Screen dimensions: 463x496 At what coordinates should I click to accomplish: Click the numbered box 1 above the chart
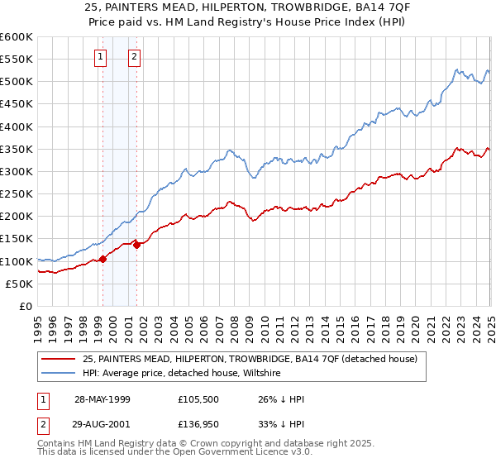pos(100,57)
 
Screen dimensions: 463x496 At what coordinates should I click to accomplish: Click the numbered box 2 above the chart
pos(134,57)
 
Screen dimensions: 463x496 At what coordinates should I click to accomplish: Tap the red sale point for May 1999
pos(103,259)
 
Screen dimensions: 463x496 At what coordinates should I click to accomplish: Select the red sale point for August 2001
pos(137,245)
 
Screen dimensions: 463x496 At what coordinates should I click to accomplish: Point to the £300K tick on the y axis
pos(17,171)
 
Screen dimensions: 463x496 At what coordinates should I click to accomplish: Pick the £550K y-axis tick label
pos(17,60)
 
